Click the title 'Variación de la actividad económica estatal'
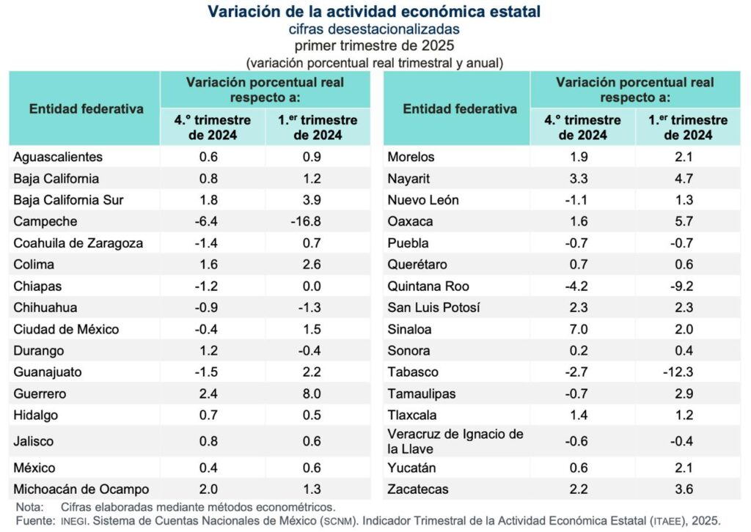pos(375,12)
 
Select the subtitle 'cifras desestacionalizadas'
pos(375,29)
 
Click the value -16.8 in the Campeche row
pos(318,221)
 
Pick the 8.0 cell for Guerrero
pos(318,394)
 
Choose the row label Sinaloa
pos(409,329)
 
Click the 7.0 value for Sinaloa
pos(582,329)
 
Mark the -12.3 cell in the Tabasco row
pos(687,372)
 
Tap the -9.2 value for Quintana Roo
pos(687,286)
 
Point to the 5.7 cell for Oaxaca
pos(687,221)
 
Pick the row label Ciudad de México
pos(66,329)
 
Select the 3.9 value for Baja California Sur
pos(318,200)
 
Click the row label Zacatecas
pos(417,489)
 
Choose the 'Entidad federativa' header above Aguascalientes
pos(86,109)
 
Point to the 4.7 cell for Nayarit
pos(687,178)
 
